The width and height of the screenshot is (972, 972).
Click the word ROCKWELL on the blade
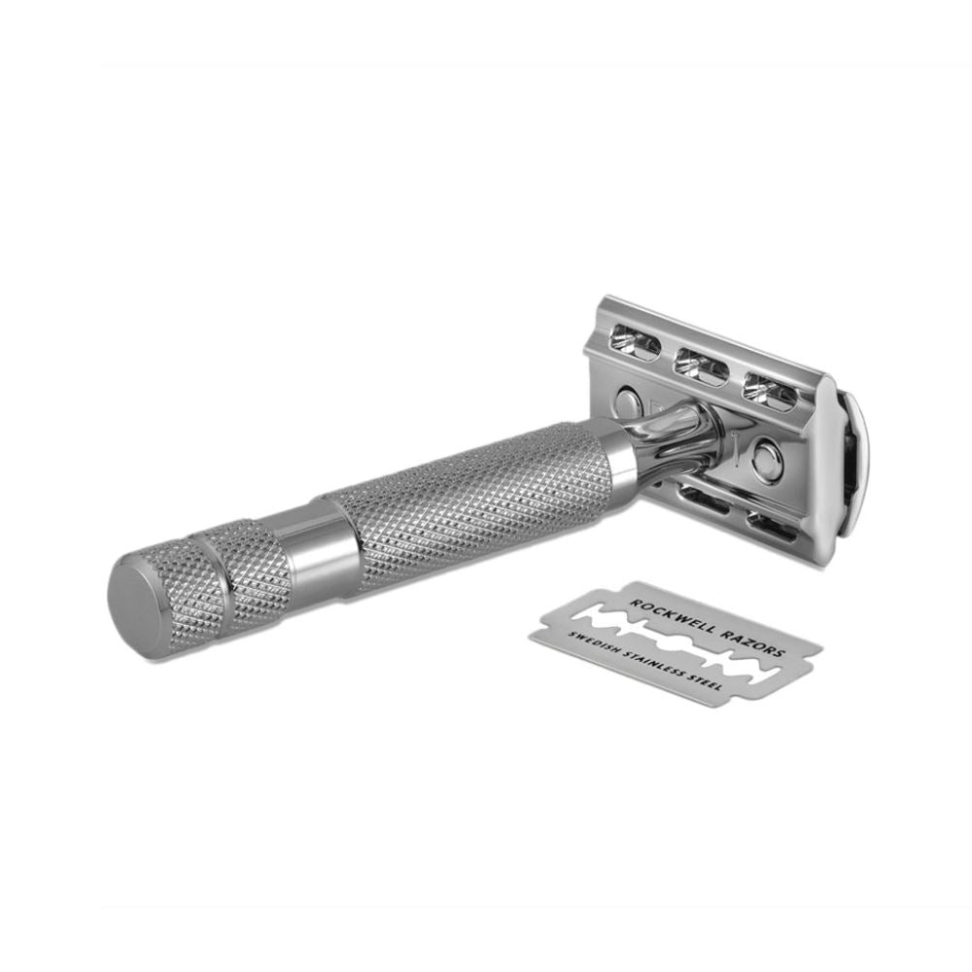[669, 613]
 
